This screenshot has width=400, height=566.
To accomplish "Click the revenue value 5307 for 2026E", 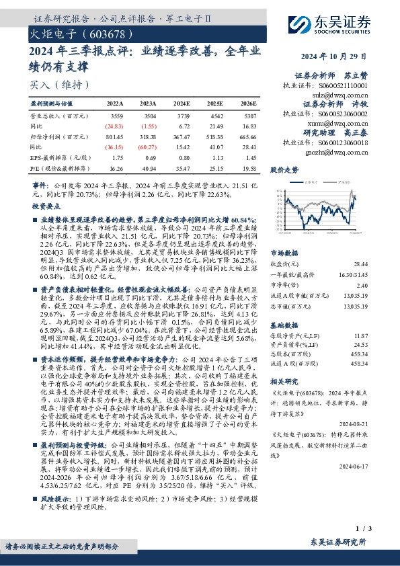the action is tap(246, 116).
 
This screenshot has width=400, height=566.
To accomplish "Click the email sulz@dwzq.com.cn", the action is tap(342, 97).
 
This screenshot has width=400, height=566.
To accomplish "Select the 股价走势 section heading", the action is tap(284, 171).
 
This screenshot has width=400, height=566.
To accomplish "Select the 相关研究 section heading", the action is tap(284, 380).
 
